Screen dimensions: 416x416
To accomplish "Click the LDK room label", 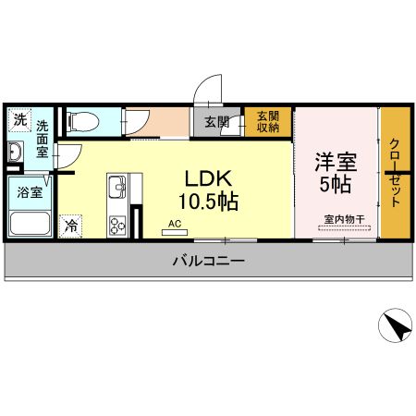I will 211,178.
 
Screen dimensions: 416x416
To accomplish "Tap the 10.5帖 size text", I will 211,199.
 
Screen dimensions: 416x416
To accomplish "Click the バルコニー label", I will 209,262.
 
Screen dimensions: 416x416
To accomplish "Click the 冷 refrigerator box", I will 71,224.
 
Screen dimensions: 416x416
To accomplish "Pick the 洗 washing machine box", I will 20,119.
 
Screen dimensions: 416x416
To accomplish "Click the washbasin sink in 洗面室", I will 16,152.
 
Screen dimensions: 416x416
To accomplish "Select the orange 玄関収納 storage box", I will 268,122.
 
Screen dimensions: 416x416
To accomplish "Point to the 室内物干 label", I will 344,219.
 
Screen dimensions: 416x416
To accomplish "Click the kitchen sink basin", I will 117,191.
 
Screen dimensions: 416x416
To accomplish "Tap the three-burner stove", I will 118,225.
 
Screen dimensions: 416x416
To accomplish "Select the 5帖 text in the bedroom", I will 334,184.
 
